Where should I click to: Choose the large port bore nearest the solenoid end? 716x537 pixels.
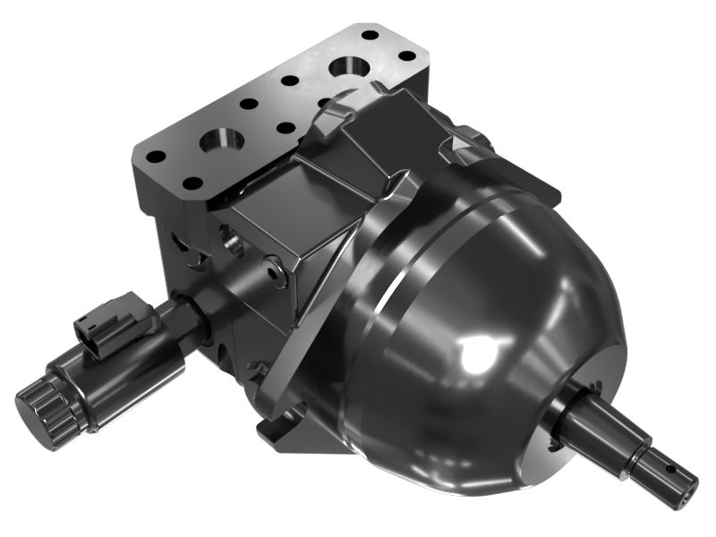219,140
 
